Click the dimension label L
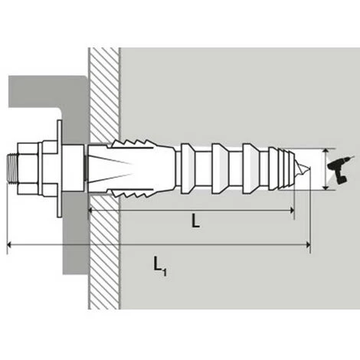(196, 221)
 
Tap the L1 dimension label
(157, 265)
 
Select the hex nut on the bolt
(34, 167)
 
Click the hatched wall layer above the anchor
(103, 92)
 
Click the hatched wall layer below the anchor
(103, 260)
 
